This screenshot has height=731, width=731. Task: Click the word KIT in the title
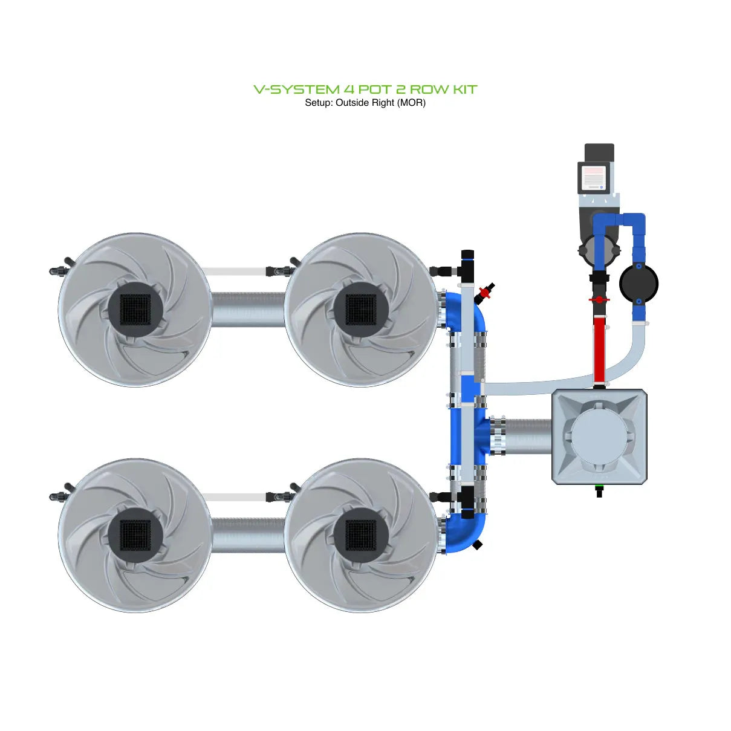[x=464, y=89]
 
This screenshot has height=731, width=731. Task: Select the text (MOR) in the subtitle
[x=411, y=103]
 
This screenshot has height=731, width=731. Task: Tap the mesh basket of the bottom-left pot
[x=135, y=535]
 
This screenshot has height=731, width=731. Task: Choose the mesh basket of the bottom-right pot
[x=361, y=535]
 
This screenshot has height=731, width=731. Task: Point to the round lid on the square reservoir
[x=600, y=436]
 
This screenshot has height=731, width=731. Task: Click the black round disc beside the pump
[x=638, y=283]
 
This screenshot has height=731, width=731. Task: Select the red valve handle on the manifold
[x=484, y=293]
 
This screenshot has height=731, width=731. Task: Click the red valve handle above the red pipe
[x=599, y=299]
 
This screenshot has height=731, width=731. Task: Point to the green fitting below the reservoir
[x=599, y=487]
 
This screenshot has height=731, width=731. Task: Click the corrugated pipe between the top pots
[x=248, y=308]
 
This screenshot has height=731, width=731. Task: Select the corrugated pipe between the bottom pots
[x=248, y=534]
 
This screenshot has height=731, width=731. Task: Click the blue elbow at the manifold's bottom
[x=466, y=532]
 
